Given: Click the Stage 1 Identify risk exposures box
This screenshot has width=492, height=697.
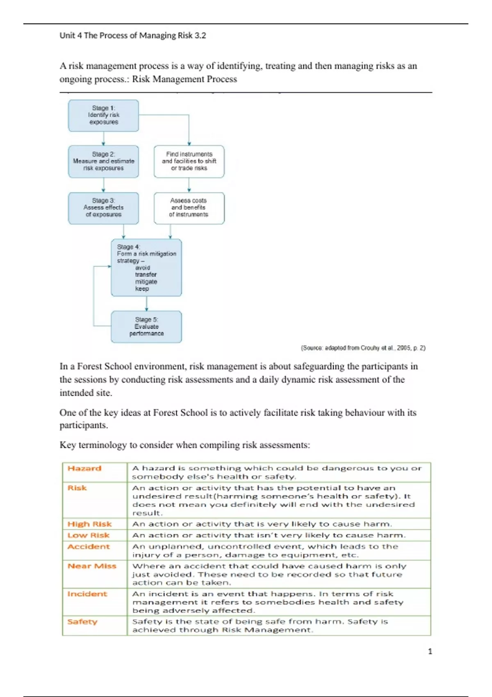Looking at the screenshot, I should click(x=103, y=115).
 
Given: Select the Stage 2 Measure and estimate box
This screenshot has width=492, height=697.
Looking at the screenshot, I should click(x=103, y=161).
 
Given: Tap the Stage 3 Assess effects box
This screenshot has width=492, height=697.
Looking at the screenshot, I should click(x=103, y=208).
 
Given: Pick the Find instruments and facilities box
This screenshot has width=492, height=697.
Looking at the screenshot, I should click(x=189, y=161).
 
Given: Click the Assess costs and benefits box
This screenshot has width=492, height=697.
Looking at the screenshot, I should click(x=189, y=208).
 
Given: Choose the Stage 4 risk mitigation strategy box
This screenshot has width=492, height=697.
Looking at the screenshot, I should click(x=146, y=267).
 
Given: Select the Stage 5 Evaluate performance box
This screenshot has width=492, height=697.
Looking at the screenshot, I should click(x=146, y=326).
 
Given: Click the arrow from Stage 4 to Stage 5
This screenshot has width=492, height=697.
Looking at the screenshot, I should click(x=146, y=303).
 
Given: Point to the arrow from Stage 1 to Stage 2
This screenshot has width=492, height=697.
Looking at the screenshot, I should click(x=103, y=138).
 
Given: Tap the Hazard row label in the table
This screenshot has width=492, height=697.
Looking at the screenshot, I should click(x=84, y=468).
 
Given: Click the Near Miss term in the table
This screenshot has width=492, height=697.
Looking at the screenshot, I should click(x=92, y=566).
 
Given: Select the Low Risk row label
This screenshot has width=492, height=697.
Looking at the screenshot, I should click(x=89, y=535).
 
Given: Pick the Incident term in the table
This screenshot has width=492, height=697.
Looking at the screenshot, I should click(x=87, y=594).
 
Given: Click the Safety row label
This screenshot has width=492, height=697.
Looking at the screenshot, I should click(x=82, y=622).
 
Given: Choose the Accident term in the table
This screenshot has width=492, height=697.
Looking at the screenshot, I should click(x=89, y=547).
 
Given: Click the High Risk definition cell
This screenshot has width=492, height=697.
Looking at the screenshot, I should click(x=262, y=524).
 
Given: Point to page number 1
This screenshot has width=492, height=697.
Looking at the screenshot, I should click(x=430, y=651).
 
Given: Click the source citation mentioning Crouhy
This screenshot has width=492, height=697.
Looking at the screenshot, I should click(x=363, y=348).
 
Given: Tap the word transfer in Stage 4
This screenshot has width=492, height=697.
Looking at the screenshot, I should click(x=146, y=275).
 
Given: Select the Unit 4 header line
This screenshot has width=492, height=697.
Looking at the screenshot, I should click(x=133, y=36).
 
